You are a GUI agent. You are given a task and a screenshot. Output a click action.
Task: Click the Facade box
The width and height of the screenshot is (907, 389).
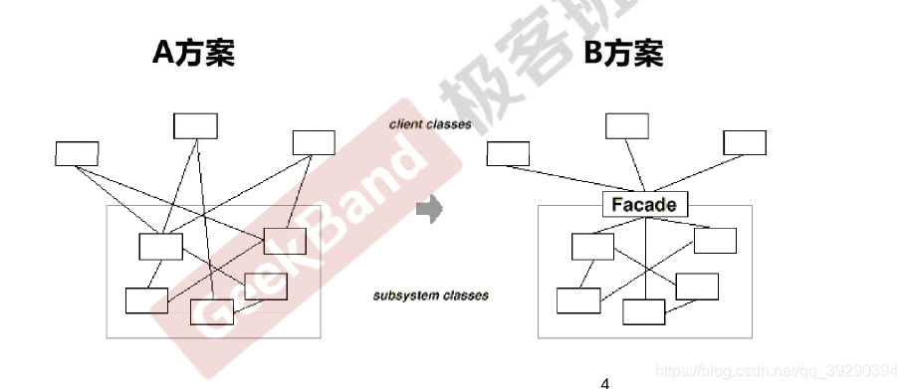[x=645, y=205]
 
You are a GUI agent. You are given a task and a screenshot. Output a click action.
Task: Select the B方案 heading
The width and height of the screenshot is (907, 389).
[x=623, y=54]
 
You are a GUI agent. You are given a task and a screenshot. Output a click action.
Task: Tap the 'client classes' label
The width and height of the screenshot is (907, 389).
[x=430, y=124]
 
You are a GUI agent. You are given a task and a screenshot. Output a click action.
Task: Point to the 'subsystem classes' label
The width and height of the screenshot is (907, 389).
[x=431, y=295]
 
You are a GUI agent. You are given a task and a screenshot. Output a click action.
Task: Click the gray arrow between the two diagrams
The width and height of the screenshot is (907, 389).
[x=428, y=210]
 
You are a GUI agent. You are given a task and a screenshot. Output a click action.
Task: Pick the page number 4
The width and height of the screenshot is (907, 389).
[x=604, y=381]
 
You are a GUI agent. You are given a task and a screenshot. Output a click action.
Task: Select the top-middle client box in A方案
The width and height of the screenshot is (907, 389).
[x=195, y=125]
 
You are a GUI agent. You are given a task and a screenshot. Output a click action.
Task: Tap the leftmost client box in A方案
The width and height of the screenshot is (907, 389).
[x=77, y=153]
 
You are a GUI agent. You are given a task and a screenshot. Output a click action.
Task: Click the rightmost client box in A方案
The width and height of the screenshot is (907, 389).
[x=313, y=142]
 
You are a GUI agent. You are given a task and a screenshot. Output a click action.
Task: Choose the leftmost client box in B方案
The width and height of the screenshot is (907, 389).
[x=508, y=153]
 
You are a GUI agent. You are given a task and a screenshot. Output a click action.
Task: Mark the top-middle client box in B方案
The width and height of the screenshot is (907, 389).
[x=627, y=125]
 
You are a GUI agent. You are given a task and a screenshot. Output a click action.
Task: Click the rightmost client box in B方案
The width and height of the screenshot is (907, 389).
[x=745, y=142]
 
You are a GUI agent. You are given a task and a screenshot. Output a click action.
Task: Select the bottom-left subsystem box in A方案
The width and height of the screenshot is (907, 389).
[x=146, y=299]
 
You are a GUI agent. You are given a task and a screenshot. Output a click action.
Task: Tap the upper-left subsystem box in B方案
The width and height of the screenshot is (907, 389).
[x=593, y=246]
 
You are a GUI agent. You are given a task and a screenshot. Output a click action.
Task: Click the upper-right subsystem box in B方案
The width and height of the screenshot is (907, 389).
[x=715, y=241]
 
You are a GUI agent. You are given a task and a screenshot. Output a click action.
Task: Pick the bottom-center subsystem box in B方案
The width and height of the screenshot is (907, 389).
[x=643, y=311]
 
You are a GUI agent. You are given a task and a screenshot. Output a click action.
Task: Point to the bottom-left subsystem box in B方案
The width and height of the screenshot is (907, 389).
[x=577, y=299]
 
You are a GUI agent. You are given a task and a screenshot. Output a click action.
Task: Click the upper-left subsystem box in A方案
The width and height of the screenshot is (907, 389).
[x=160, y=246]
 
